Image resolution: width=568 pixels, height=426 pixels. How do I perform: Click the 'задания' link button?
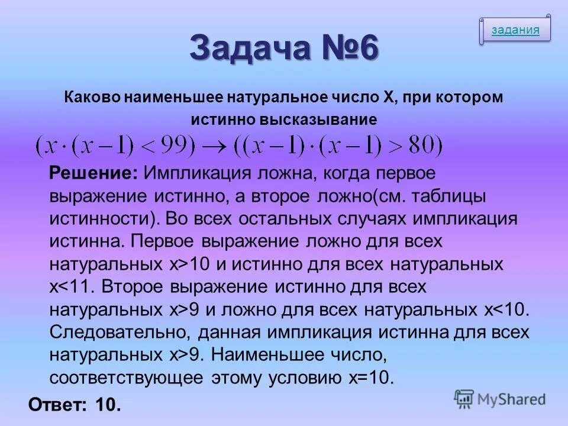pyautogui.click(x=515, y=31)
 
